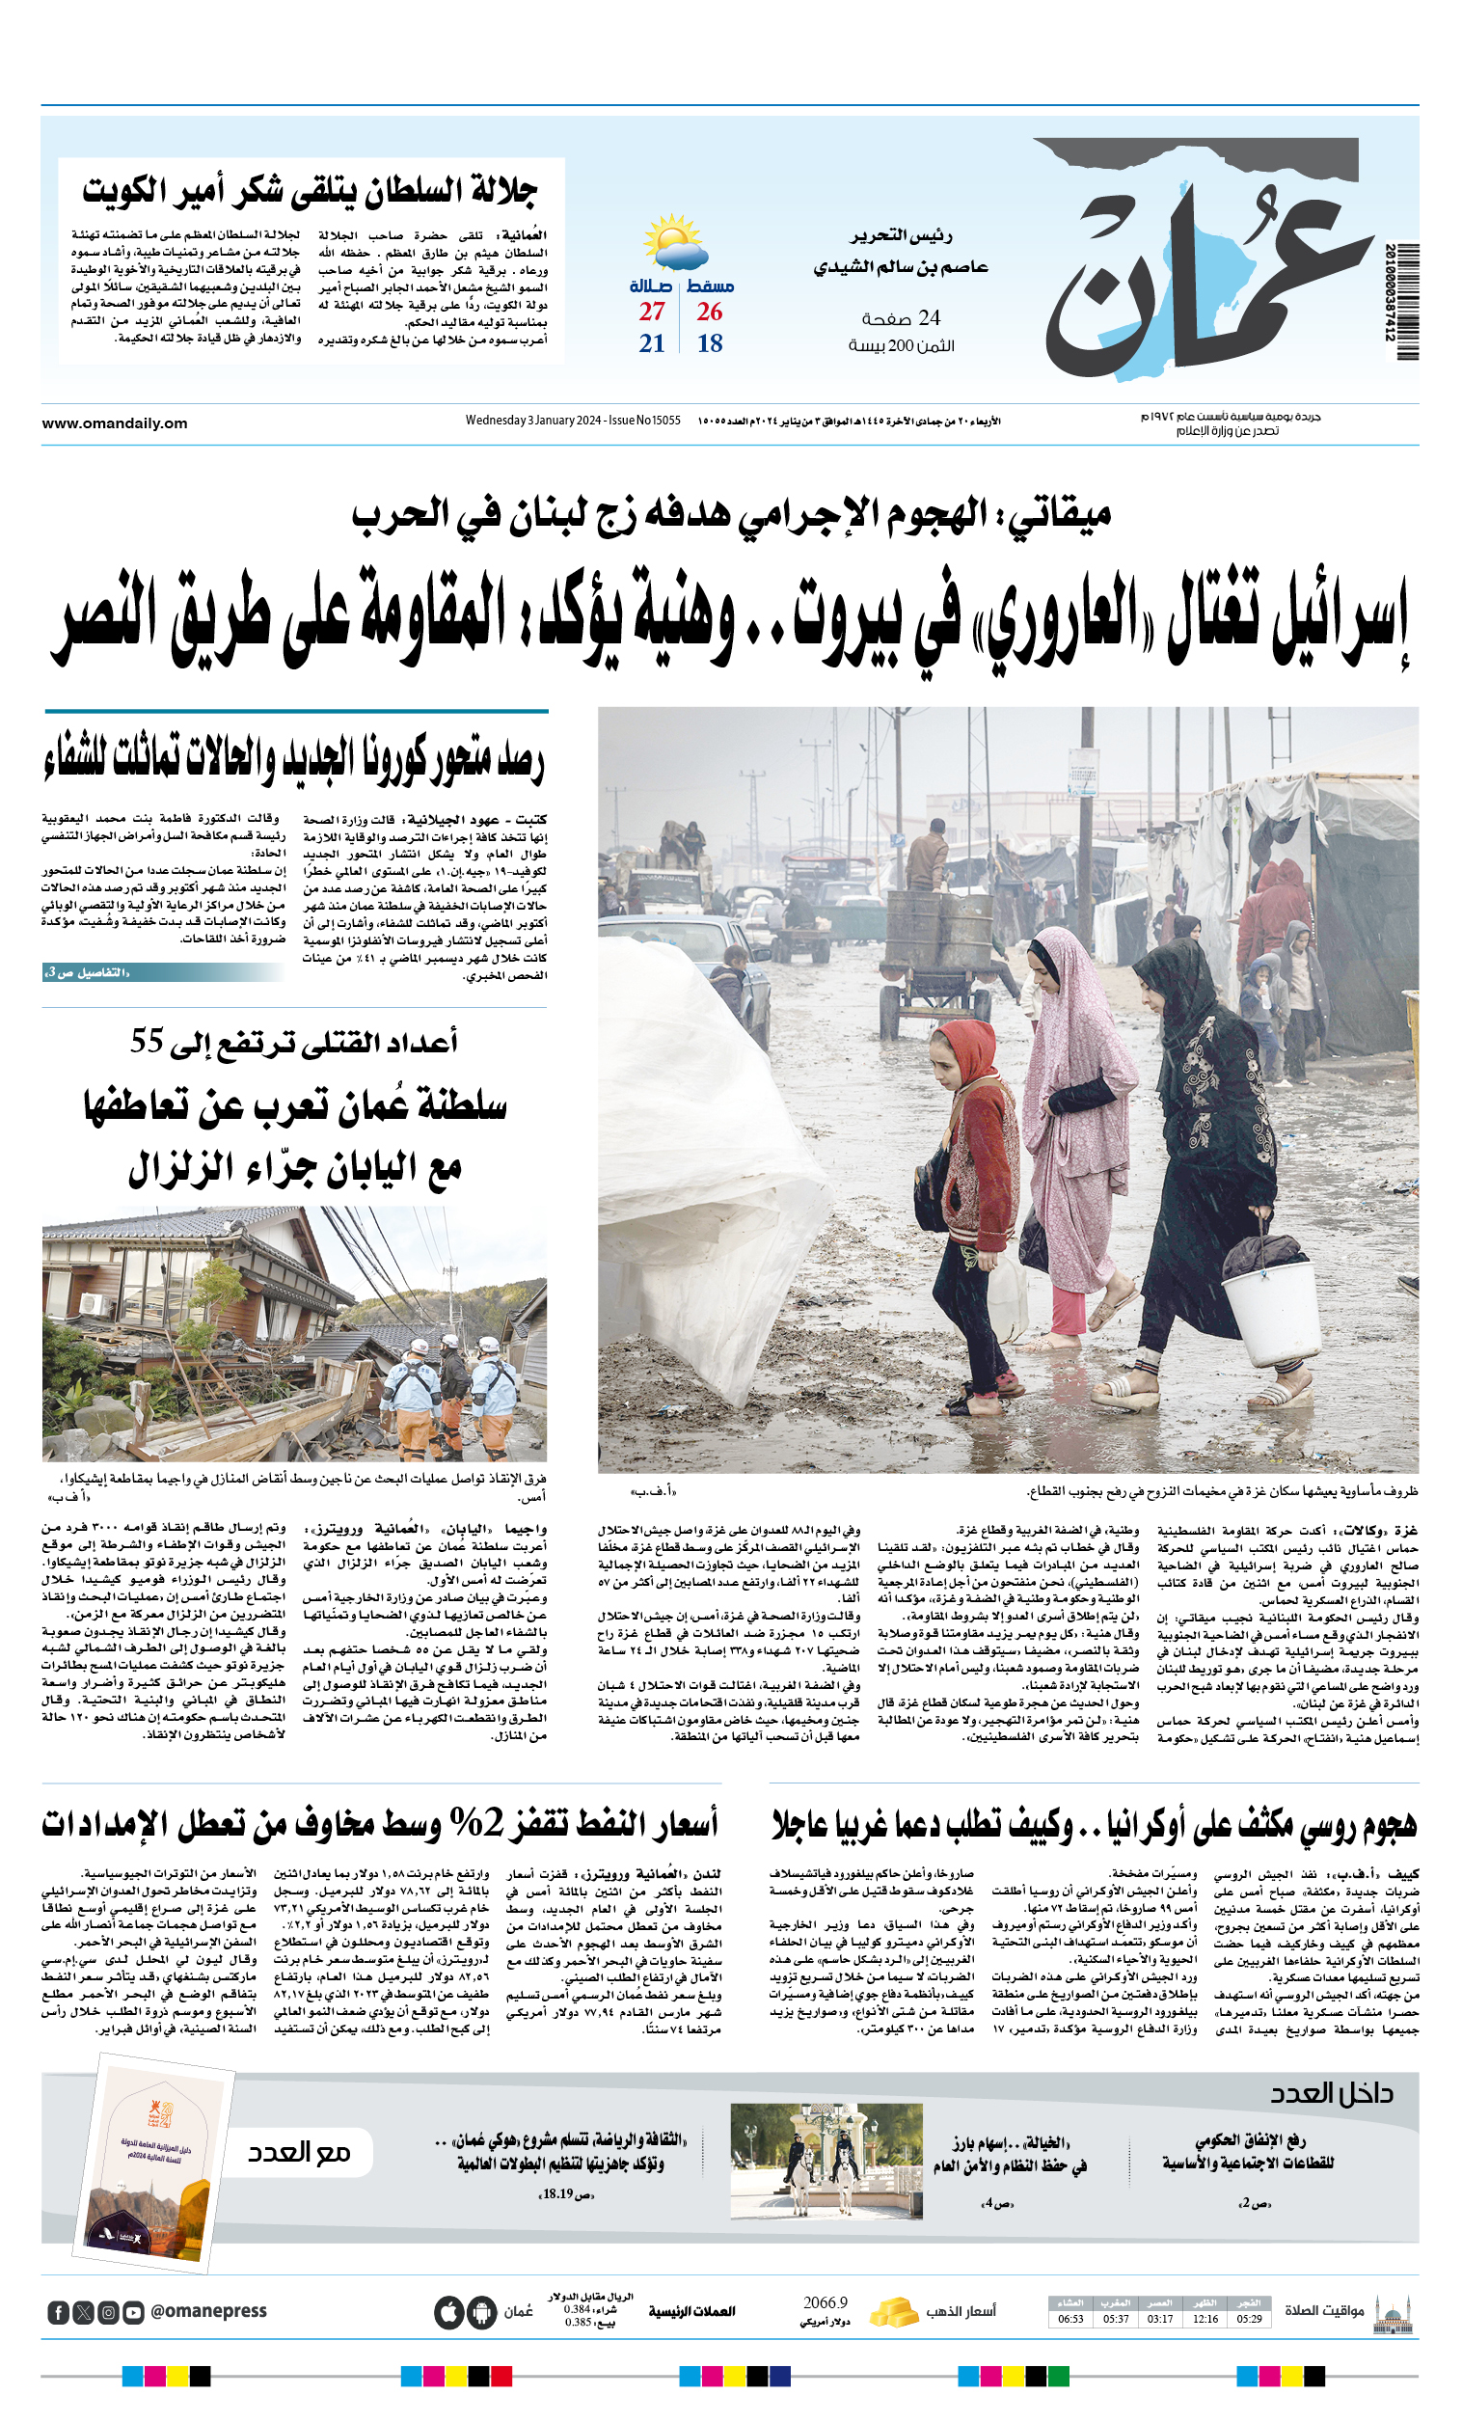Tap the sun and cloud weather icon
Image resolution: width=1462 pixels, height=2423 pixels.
point(674,242)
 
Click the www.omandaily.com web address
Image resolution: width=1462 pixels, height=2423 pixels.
point(114,422)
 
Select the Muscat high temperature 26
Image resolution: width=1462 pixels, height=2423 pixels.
point(709,312)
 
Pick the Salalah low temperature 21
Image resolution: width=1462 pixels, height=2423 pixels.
point(651,343)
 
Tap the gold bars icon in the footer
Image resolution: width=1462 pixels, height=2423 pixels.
point(894,2311)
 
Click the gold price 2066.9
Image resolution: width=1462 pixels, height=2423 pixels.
point(824,2303)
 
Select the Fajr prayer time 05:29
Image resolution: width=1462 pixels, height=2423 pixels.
point(1249,2319)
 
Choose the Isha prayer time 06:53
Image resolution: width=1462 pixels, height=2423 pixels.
point(1069,2319)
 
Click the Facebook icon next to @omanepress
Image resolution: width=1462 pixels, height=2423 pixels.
point(58,2313)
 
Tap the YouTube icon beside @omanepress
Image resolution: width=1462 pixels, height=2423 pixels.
point(134,2313)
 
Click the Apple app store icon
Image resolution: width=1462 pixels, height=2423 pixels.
point(448,2313)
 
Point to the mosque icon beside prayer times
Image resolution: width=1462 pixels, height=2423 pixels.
point(1393,2313)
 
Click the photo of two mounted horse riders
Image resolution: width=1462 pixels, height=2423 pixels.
point(825,2161)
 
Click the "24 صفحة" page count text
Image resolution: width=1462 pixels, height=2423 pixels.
point(901,318)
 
